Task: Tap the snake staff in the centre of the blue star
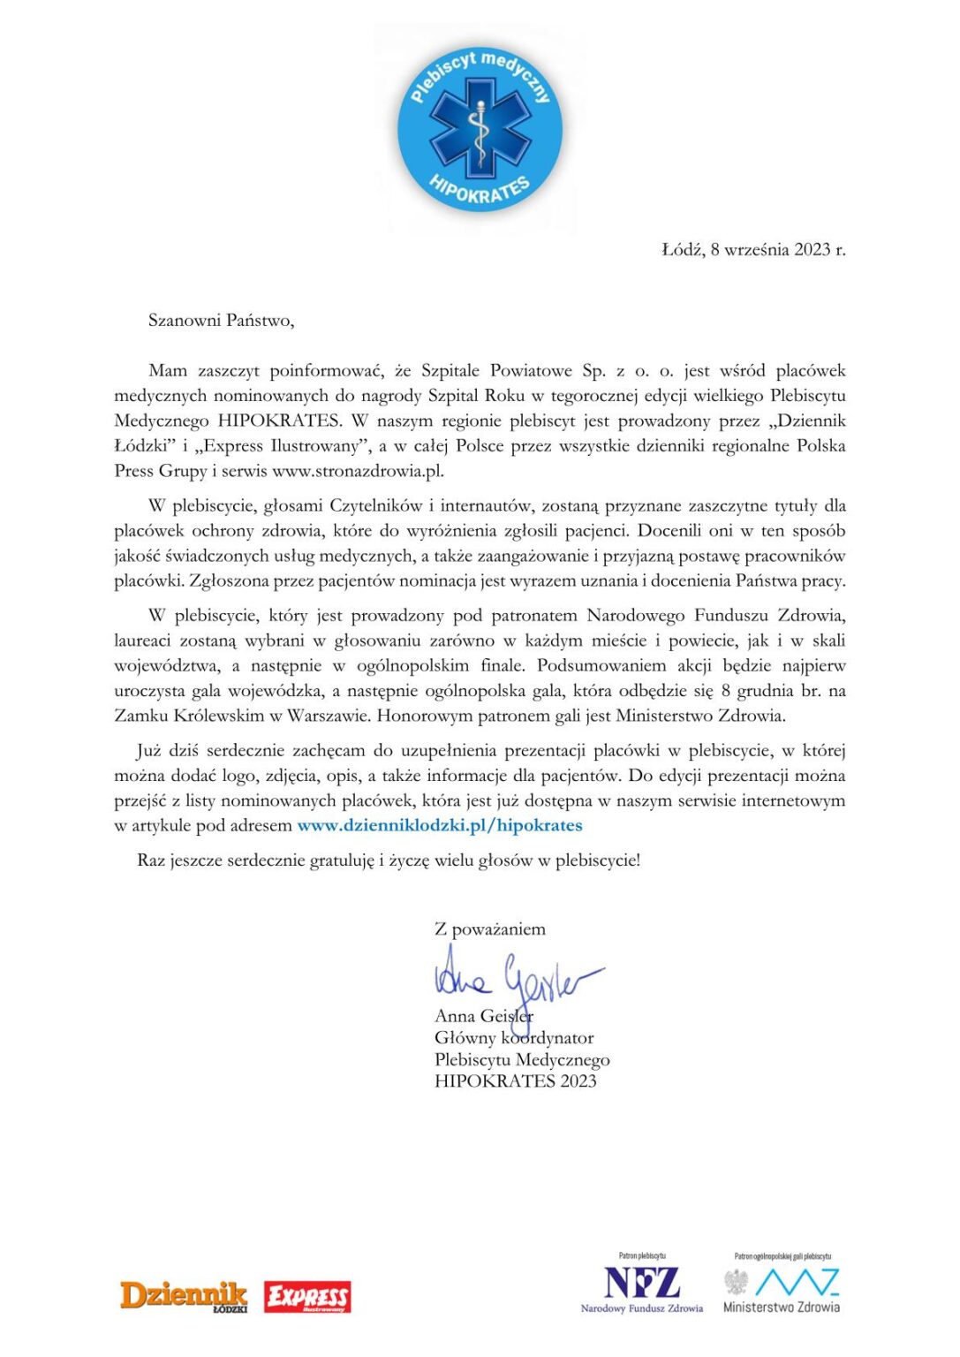point(479,133)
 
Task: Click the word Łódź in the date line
point(681,250)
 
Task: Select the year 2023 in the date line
point(812,250)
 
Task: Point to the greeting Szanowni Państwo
point(221,321)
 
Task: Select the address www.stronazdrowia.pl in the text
point(358,471)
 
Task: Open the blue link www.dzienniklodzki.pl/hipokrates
point(440,825)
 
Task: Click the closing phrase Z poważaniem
point(490,929)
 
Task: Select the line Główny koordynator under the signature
point(514,1038)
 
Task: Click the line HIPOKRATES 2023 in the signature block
point(516,1081)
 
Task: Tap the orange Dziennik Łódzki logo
point(184,1295)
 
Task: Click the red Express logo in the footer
point(307,1297)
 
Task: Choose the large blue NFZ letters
point(642,1282)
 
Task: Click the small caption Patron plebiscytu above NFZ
point(642,1255)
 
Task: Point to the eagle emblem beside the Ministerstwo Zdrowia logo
point(736,1282)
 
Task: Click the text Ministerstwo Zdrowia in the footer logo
point(782,1308)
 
